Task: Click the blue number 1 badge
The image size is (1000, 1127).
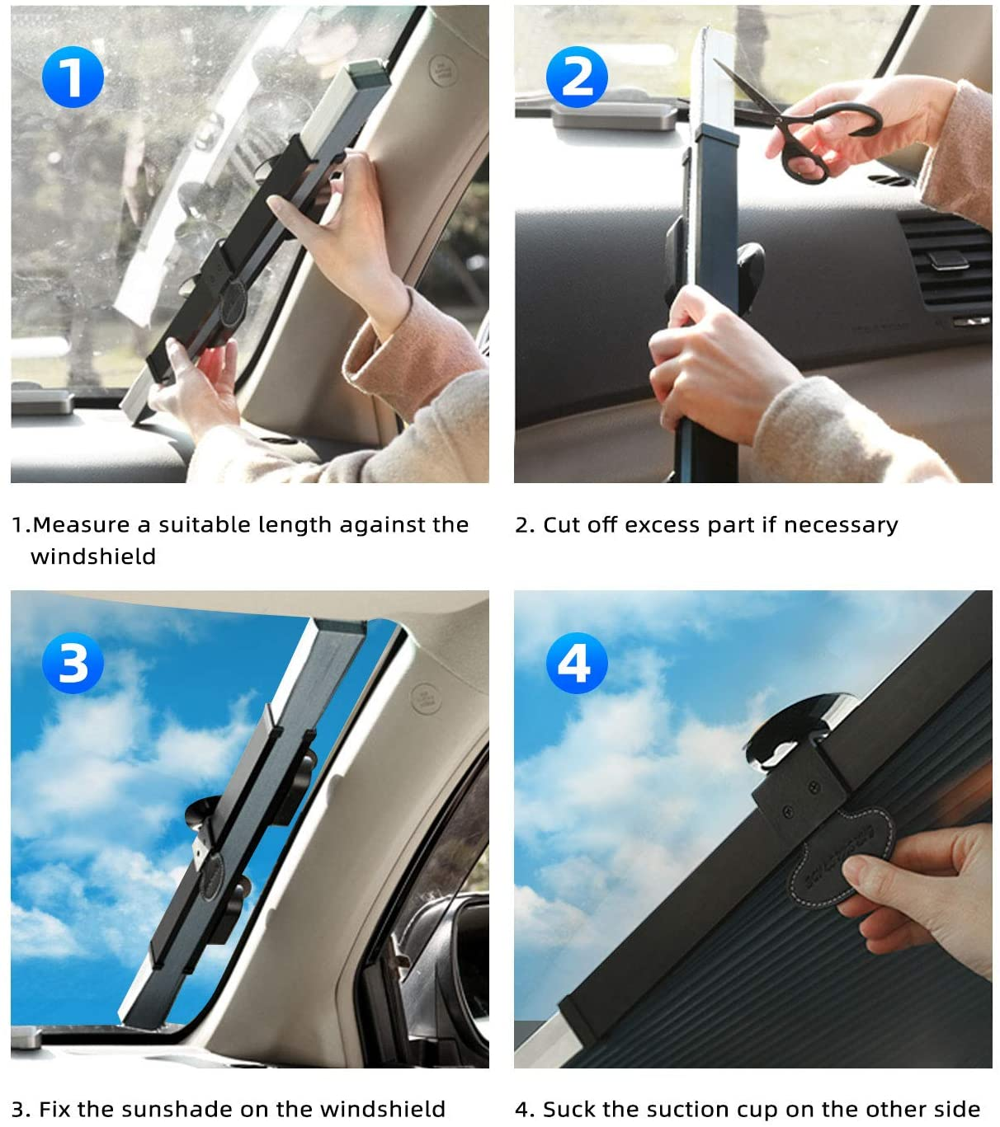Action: click(73, 77)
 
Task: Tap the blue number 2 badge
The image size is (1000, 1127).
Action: click(577, 77)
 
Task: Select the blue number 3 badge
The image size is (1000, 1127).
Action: click(73, 663)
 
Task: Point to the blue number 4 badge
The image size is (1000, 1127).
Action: click(577, 663)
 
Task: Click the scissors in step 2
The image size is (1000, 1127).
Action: click(804, 124)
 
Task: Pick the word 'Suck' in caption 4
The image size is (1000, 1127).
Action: click(570, 1109)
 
